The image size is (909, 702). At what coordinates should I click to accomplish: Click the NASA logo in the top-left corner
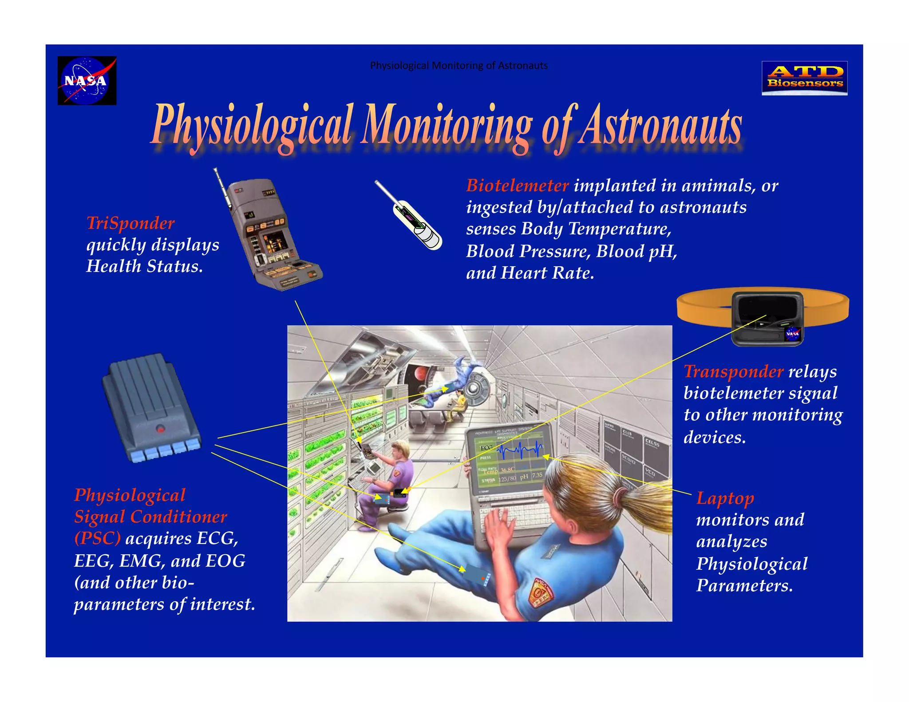[87, 81]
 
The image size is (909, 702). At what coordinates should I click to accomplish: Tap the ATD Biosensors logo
[804, 78]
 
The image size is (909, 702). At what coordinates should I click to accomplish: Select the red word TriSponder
[130, 223]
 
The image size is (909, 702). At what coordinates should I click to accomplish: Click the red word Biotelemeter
[517, 185]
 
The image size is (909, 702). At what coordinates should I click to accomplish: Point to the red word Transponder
[733, 371]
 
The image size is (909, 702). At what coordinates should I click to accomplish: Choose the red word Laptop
[725, 498]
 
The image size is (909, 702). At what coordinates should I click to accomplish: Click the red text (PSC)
[97, 539]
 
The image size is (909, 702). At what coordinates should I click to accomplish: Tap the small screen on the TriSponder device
[275, 242]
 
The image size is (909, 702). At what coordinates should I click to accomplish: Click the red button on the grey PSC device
[160, 429]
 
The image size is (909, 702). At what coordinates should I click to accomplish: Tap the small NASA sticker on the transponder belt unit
[792, 334]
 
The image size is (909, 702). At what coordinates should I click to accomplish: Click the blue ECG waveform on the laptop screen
[519, 450]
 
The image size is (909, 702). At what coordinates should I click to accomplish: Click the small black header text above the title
[458, 66]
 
